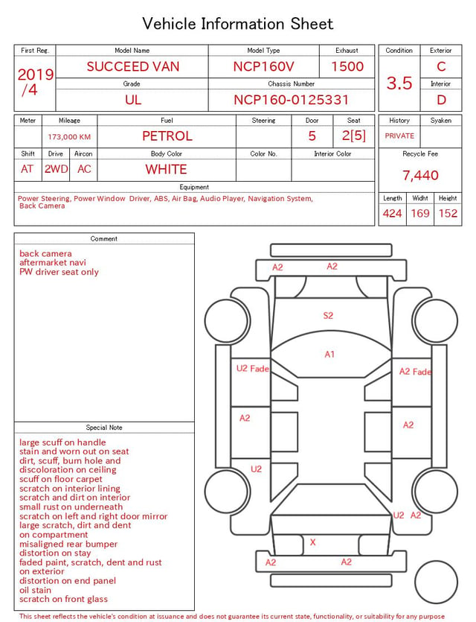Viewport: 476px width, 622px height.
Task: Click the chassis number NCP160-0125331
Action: click(291, 100)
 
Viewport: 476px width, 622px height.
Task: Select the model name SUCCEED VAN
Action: click(133, 66)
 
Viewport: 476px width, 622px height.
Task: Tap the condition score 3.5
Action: click(399, 83)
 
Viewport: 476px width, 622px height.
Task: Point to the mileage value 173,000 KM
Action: click(69, 137)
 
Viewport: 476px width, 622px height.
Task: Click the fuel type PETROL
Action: click(167, 136)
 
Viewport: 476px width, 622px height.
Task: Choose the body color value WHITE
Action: click(166, 169)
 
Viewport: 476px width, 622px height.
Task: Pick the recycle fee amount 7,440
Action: click(420, 175)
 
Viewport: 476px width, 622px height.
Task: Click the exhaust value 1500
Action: click(347, 66)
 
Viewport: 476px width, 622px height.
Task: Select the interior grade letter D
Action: click(441, 100)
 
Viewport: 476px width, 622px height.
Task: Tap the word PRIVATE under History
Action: click(399, 136)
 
